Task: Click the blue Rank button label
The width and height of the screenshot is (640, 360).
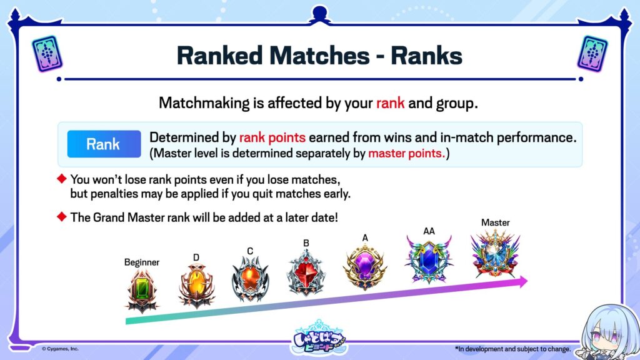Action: pyautogui.click(x=104, y=144)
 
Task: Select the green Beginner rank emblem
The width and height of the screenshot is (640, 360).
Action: pyautogui.click(x=142, y=291)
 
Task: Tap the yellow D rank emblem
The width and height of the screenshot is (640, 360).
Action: pyautogui.click(x=196, y=285)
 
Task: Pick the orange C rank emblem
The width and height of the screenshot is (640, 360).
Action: pyautogui.click(x=250, y=279)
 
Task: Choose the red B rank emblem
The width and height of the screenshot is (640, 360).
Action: pyautogui.click(x=306, y=272)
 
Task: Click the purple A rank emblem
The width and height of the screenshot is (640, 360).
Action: pyautogui.click(x=365, y=266)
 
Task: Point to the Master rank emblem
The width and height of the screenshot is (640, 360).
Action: pyautogui.click(x=495, y=254)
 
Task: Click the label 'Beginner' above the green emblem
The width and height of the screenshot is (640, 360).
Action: pyautogui.click(x=142, y=262)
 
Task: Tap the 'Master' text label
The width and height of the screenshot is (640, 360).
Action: pyautogui.click(x=495, y=222)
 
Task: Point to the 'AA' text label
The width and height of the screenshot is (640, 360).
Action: pyautogui.click(x=429, y=231)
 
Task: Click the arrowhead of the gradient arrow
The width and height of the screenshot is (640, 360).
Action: pyautogui.click(x=523, y=281)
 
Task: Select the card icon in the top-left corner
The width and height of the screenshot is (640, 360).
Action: pyautogui.click(x=47, y=54)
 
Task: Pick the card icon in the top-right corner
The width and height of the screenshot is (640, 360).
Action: pyautogui.click(x=592, y=54)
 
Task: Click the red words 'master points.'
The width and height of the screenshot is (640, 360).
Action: pyautogui.click(x=406, y=154)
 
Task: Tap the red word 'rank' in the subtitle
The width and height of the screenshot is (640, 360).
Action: pyautogui.click(x=390, y=103)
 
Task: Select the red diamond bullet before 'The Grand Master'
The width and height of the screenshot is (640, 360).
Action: pyautogui.click(x=62, y=216)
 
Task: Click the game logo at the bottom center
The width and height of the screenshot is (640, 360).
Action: pyautogui.click(x=319, y=338)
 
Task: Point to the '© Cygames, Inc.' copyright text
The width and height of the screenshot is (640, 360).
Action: pyautogui.click(x=60, y=349)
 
